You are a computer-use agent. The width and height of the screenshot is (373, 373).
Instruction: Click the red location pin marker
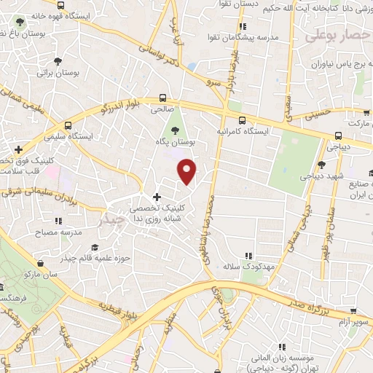coord(188,172)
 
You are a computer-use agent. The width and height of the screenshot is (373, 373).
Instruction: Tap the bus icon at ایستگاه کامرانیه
coord(242,121)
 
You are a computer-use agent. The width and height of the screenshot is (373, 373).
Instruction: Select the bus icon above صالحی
coord(162,98)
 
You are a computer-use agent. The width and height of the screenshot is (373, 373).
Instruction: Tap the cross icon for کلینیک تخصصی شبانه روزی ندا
coord(157,197)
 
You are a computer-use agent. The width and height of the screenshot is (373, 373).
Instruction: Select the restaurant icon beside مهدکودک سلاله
coord(248,256)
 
